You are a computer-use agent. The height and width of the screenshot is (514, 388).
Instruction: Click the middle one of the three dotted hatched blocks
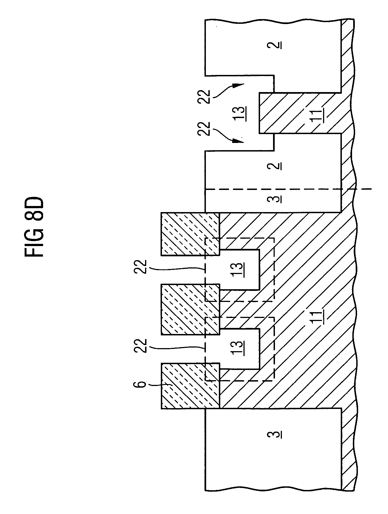point(190,309)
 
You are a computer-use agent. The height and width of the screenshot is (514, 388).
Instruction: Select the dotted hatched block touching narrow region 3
point(190,234)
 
